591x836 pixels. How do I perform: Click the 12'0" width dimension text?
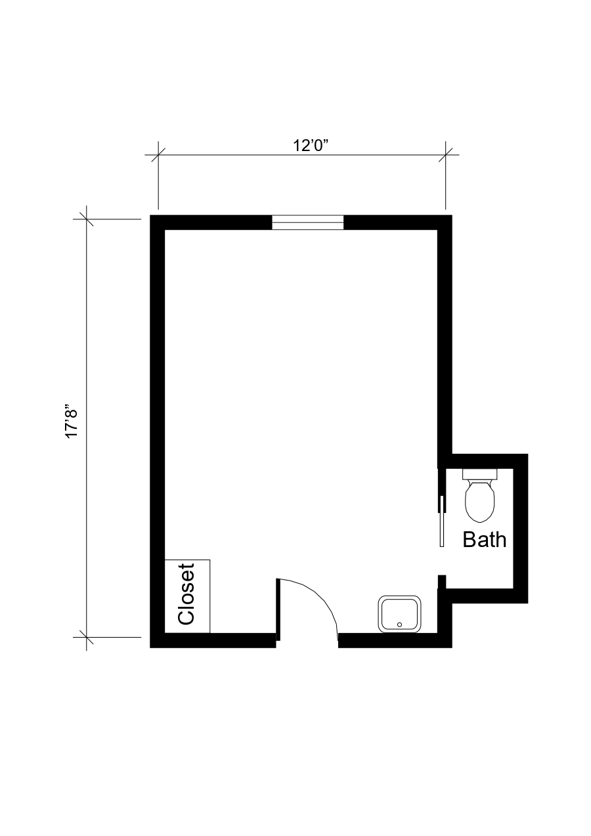pos(310,145)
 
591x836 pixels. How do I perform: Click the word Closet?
pos(186,594)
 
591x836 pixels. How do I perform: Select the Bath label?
pos(485,540)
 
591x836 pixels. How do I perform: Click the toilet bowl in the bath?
pos(479,500)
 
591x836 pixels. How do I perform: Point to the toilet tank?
pos(479,473)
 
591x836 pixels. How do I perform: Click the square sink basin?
pos(399,614)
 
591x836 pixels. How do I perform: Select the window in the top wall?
pos(308,223)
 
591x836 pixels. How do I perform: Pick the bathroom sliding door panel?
pos(443,521)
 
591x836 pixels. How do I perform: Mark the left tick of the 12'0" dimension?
pos(158,155)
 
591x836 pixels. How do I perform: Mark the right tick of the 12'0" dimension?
pos(446,155)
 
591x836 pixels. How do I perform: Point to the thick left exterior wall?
pos(157,427)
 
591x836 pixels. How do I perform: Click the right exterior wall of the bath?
pos(520,525)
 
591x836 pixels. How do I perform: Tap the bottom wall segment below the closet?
pos(217,640)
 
